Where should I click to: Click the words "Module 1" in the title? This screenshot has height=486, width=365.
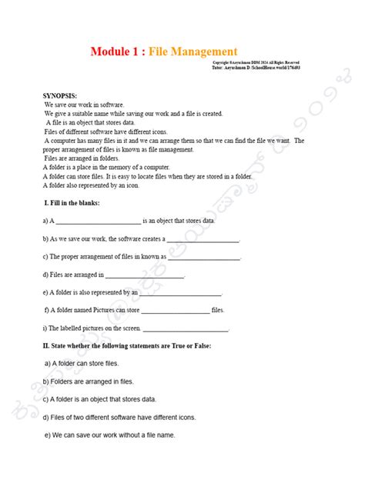tap(116, 52)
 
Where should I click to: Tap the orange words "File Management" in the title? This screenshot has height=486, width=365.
tap(193, 52)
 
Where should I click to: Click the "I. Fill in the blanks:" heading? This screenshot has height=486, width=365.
tap(72, 202)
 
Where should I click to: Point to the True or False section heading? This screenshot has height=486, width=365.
tap(127, 345)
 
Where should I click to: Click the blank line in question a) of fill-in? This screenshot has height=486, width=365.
tap(99, 221)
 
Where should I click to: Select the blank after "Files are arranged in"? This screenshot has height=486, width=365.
tap(145, 275)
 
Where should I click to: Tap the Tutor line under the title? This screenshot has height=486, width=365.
tap(255, 67)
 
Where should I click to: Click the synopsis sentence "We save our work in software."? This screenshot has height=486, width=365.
tap(84, 103)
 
